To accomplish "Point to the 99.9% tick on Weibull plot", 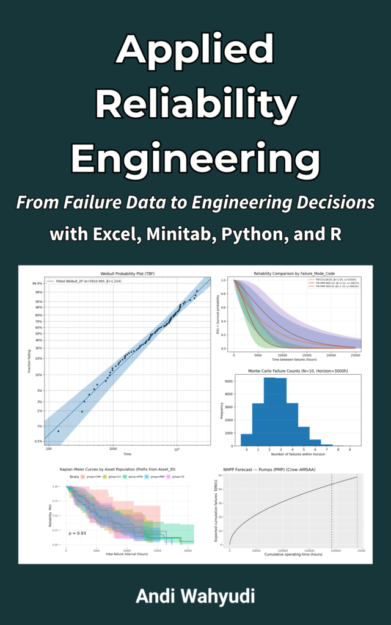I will (x=37, y=284).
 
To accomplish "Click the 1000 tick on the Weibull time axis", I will (x=113, y=449).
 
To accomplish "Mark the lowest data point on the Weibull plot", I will (x=59, y=432).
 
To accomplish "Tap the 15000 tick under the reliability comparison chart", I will (x=298, y=355).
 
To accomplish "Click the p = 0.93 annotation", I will (x=78, y=534).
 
